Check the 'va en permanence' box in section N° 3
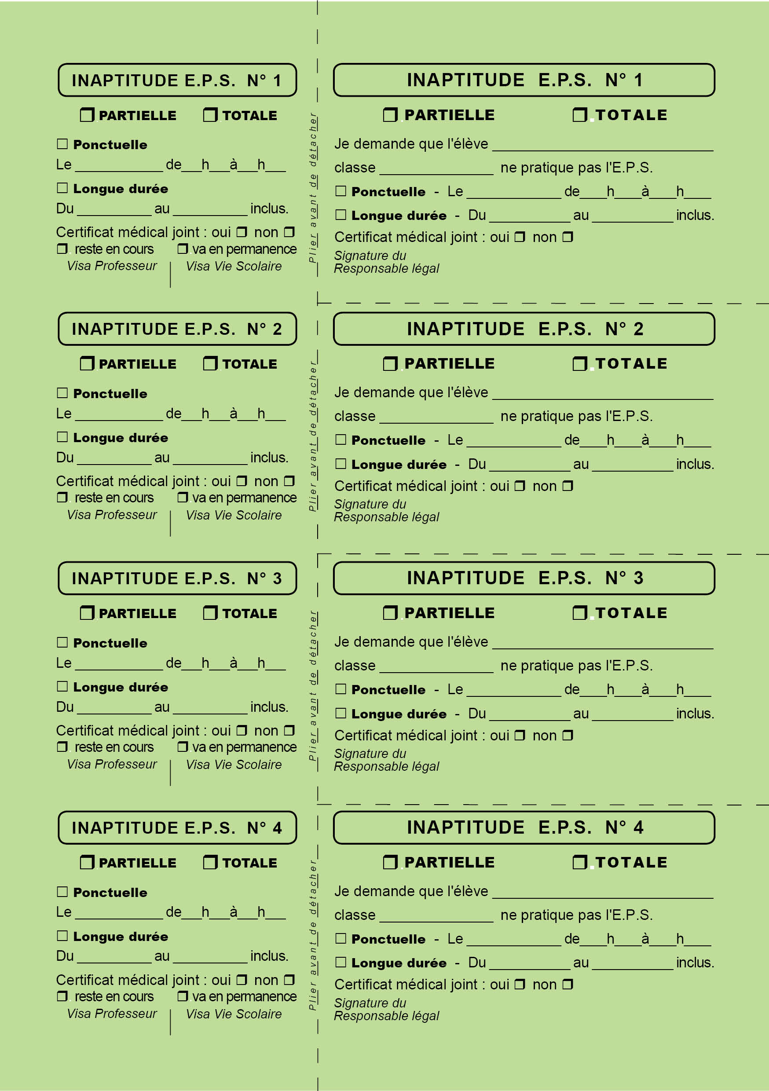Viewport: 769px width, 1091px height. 183,747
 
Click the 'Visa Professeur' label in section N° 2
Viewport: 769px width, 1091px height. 112,515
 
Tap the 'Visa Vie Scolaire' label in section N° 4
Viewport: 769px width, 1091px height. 233,1014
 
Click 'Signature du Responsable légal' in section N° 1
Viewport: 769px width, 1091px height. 386,262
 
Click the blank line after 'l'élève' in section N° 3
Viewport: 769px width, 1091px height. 602,648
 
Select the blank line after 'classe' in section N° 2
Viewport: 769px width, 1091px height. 436,422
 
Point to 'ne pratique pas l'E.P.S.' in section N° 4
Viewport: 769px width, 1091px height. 576,915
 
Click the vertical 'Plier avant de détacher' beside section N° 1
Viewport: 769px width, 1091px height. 313,188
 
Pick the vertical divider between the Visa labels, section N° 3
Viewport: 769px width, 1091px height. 170,772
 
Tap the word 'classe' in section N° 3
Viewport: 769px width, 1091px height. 355,665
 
